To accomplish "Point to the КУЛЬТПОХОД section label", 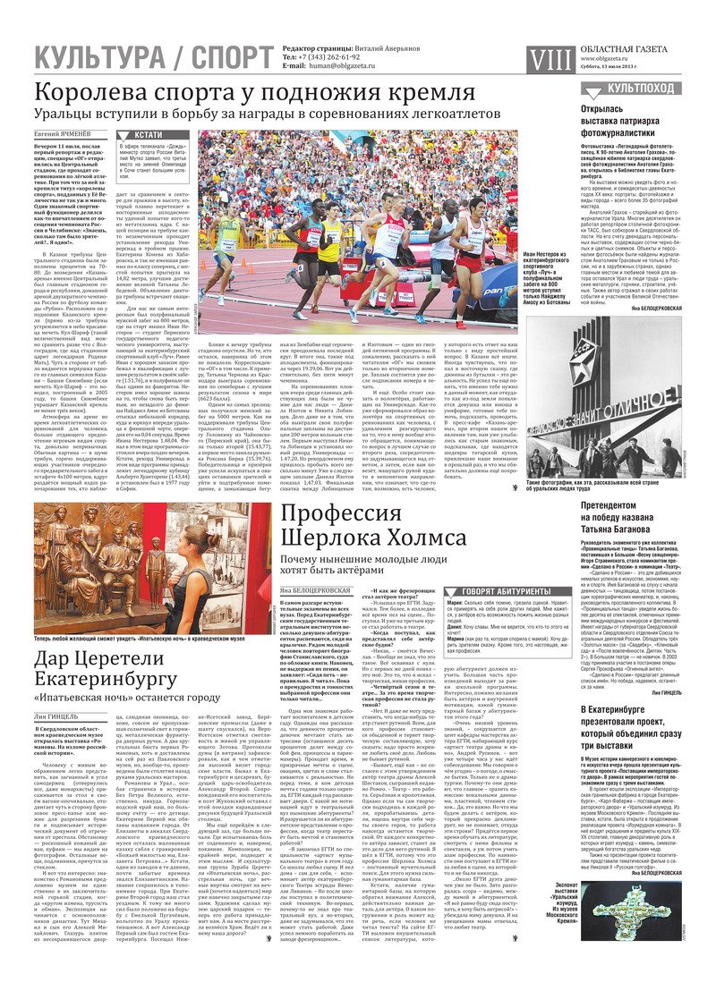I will [641, 89].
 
